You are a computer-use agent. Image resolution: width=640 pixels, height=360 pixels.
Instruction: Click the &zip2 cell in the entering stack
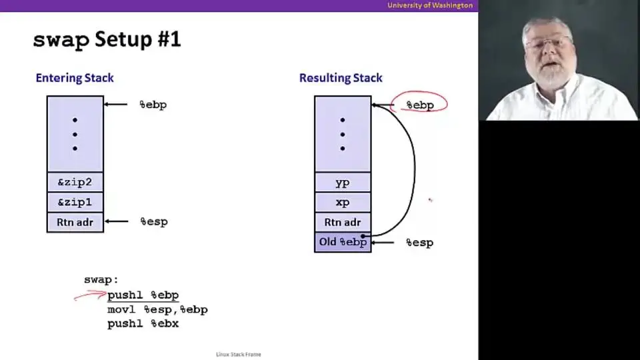pyautogui.click(x=75, y=182)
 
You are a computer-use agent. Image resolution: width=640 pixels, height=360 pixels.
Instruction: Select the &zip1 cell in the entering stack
pyautogui.click(x=75, y=202)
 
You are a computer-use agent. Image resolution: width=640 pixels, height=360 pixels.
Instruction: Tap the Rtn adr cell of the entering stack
pyautogui.click(x=75, y=222)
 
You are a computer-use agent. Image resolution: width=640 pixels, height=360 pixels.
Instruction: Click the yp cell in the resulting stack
pyautogui.click(x=343, y=183)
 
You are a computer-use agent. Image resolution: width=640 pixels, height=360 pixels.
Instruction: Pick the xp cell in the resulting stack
pyautogui.click(x=343, y=203)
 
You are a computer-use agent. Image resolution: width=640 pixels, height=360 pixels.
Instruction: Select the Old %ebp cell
pyautogui.click(x=343, y=242)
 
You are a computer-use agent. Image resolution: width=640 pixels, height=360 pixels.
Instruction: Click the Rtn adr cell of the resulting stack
pyautogui.click(x=343, y=223)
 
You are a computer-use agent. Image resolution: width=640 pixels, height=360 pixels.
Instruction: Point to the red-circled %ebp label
pyautogui.click(x=420, y=105)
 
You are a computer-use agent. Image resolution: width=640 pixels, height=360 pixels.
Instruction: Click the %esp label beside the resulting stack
pyautogui.click(x=419, y=243)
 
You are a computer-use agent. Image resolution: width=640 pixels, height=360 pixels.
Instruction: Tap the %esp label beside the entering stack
pyautogui.click(x=154, y=221)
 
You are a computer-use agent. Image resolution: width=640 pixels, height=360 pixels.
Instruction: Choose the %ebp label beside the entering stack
pyautogui.click(x=153, y=105)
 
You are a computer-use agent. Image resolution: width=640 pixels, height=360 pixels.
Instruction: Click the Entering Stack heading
pyautogui.click(x=75, y=78)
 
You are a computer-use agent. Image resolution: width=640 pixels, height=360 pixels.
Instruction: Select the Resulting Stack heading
pyautogui.click(x=341, y=78)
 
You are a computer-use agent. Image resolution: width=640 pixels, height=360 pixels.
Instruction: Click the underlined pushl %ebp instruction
pyautogui.click(x=143, y=295)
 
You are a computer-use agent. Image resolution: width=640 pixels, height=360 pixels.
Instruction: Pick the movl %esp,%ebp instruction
pyautogui.click(x=157, y=310)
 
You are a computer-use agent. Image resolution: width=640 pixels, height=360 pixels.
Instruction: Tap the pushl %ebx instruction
pyautogui.click(x=143, y=324)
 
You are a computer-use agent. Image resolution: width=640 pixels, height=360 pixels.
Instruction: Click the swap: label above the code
pyautogui.click(x=101, y=280)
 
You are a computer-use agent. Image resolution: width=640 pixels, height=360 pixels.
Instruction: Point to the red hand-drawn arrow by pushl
pyautogui.click(x=90, y=295)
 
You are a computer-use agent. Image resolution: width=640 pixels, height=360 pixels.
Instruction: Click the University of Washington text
pyautogui.click(x=430, y=5)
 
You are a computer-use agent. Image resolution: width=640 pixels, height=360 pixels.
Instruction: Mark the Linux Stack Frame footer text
pyautogui.click(x=239, y=354)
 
